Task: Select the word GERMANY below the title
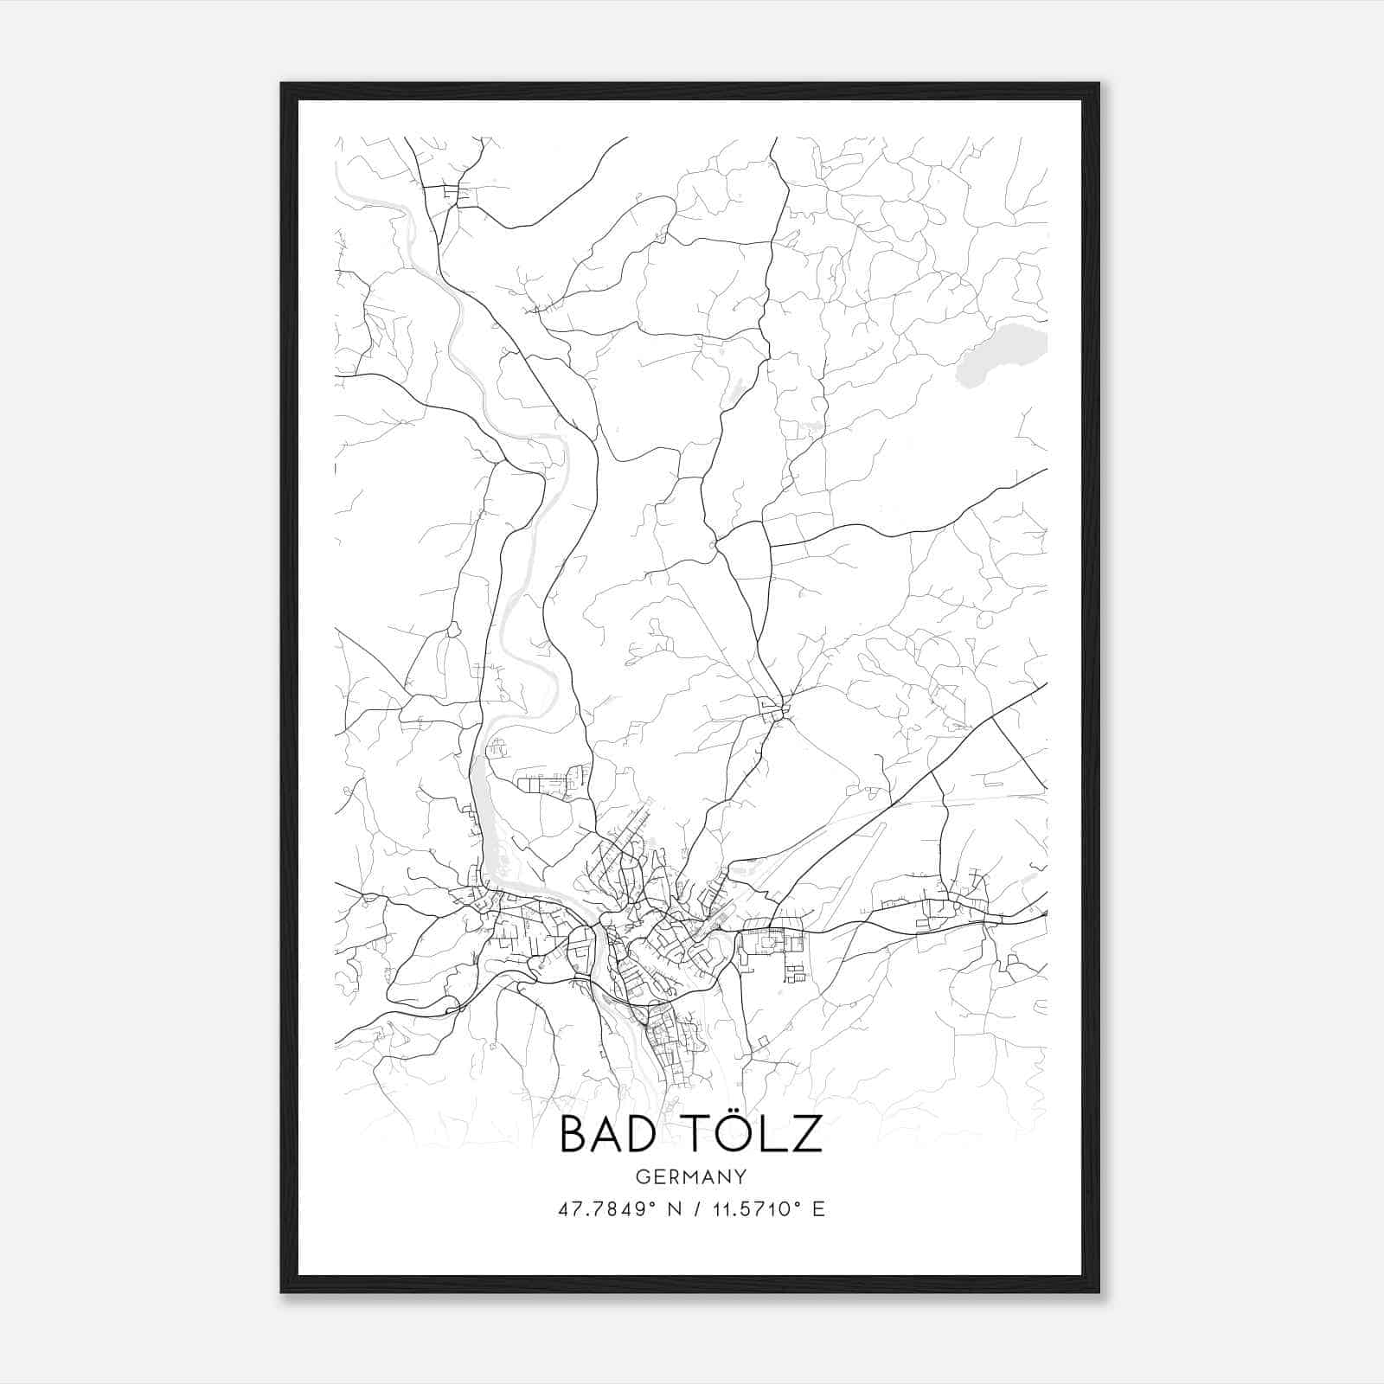tap(691, 1176)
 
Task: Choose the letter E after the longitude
tap(818, 1209)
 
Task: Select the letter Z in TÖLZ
tap(806, 1134)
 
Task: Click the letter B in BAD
tap(573, 1134)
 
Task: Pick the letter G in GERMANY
tap(642, 1176)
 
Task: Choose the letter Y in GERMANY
tap(741, 1176)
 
